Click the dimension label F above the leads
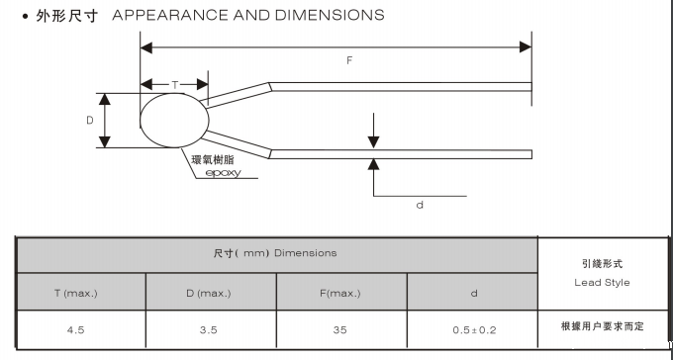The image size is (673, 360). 349,60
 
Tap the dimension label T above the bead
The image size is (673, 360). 175,85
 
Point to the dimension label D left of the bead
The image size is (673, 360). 90,120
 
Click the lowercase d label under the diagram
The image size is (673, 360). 420,205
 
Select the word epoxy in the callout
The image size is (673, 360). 224,173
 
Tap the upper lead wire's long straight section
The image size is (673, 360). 401,87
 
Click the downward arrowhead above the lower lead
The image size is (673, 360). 373,142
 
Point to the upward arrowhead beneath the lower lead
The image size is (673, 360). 373,165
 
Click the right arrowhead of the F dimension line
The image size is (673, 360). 526,47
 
